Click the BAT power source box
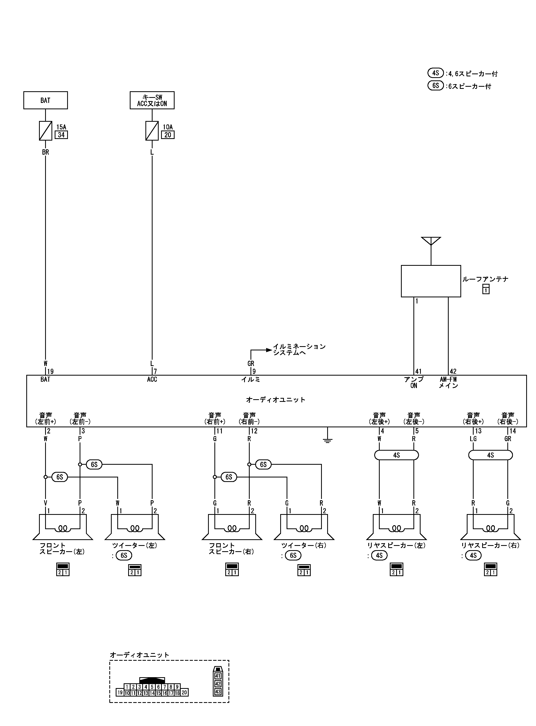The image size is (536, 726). click(45, 100)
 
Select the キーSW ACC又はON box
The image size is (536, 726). click(152, 100)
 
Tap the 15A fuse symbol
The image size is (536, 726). click(45, 131)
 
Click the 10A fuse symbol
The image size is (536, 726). click(152, 131)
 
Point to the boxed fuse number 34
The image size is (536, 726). click(61, 135)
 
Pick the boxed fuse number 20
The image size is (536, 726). click(168, 135)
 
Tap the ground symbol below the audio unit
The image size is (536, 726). click(327, 440)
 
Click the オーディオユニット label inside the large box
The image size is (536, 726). click(276, 400)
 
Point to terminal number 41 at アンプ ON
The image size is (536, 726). click(418, 371)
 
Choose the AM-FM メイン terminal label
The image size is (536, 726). click(448, 382)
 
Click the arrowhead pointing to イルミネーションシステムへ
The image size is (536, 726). click(269, 350)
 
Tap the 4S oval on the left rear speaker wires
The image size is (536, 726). click(396, 455)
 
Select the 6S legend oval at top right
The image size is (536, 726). click(435, 86)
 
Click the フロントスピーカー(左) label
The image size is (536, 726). click(62, 549)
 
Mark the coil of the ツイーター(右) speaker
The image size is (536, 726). click(304, 529)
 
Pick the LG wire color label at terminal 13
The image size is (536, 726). click(473, 439)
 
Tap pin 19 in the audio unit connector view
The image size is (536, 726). click(120, 693)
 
